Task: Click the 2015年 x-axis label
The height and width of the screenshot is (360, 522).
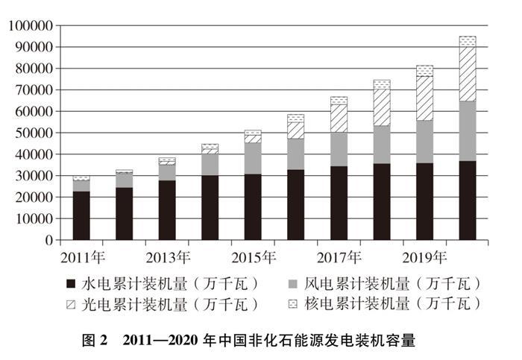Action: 254,257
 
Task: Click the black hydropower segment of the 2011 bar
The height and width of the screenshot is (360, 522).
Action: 82,216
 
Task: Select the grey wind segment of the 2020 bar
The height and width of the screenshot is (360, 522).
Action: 468,131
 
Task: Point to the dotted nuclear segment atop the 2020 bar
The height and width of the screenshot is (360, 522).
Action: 468,41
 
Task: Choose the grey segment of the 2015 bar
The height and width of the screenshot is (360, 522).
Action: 253,158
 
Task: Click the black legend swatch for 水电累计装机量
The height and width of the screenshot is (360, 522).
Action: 72,283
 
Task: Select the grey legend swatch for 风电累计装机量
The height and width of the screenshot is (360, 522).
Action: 293,283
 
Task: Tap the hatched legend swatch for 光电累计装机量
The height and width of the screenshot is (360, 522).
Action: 72,304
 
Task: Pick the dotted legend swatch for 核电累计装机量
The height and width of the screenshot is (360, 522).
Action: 293,304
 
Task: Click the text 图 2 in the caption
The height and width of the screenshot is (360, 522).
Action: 93,341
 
